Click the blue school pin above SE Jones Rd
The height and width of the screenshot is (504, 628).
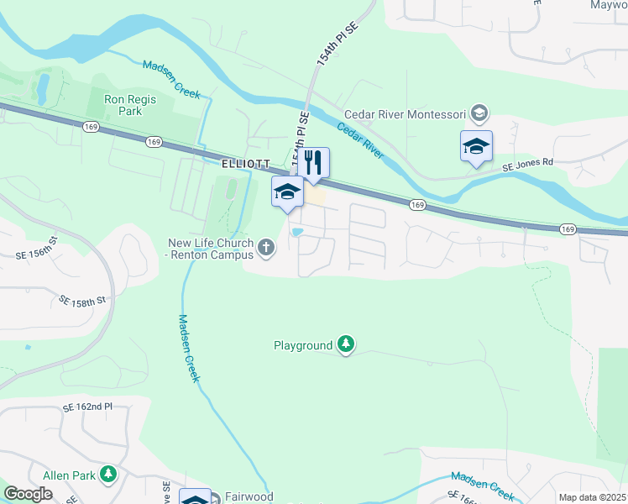tap(476, 147)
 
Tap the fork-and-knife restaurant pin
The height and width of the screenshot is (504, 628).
tap(313, 163)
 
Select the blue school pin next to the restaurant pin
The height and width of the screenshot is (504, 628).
tap(287, 192)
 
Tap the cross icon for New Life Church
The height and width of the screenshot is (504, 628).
tap(266, 247)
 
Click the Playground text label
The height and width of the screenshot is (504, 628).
tap(303, 345)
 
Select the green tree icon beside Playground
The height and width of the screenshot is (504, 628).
tap(345, 344)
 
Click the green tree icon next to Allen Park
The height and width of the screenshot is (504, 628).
tap(107, 475)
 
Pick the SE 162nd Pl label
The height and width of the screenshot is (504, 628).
tap(86, 407)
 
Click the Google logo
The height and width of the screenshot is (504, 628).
tap(28, 494)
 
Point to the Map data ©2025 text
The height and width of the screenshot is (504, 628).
tap(591, 497)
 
